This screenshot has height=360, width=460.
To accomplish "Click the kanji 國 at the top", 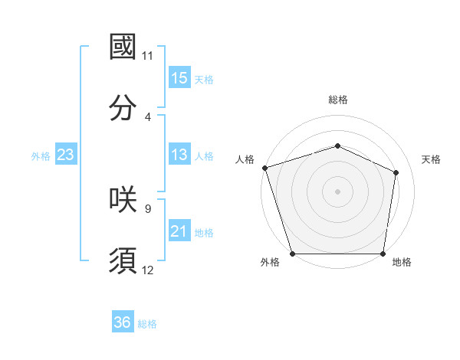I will [123, 47].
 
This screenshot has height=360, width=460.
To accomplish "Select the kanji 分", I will [123, 107].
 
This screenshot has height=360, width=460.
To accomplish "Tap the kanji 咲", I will [123, 199].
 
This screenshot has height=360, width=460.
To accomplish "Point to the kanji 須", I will [123, 260].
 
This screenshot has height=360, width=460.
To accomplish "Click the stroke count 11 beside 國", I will [148, 56].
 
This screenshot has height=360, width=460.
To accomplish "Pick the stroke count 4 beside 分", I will [148, 116].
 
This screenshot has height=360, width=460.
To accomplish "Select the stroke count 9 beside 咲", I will [148, 208].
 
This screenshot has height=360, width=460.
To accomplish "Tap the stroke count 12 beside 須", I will [148, 270].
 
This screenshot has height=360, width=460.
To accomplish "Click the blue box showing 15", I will [179, 78].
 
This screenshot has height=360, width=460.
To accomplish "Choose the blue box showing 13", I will [179, 155].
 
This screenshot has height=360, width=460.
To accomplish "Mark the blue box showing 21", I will [179, 231].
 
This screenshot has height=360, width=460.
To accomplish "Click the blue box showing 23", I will [66, 155].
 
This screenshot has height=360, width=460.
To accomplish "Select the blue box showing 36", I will [123, 323].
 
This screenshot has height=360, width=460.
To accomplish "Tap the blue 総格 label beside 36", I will [147, 324].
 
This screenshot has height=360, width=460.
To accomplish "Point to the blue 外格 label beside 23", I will [41, 155].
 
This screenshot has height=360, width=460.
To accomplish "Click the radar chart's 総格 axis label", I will [338, 100].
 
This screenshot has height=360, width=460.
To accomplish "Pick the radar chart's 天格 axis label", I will [432, 159].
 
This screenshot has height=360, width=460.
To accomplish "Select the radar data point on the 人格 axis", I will [264, 167].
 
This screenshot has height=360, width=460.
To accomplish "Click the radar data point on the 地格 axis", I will [383, 254].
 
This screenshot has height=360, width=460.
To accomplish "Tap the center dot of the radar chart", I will [338, 191].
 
